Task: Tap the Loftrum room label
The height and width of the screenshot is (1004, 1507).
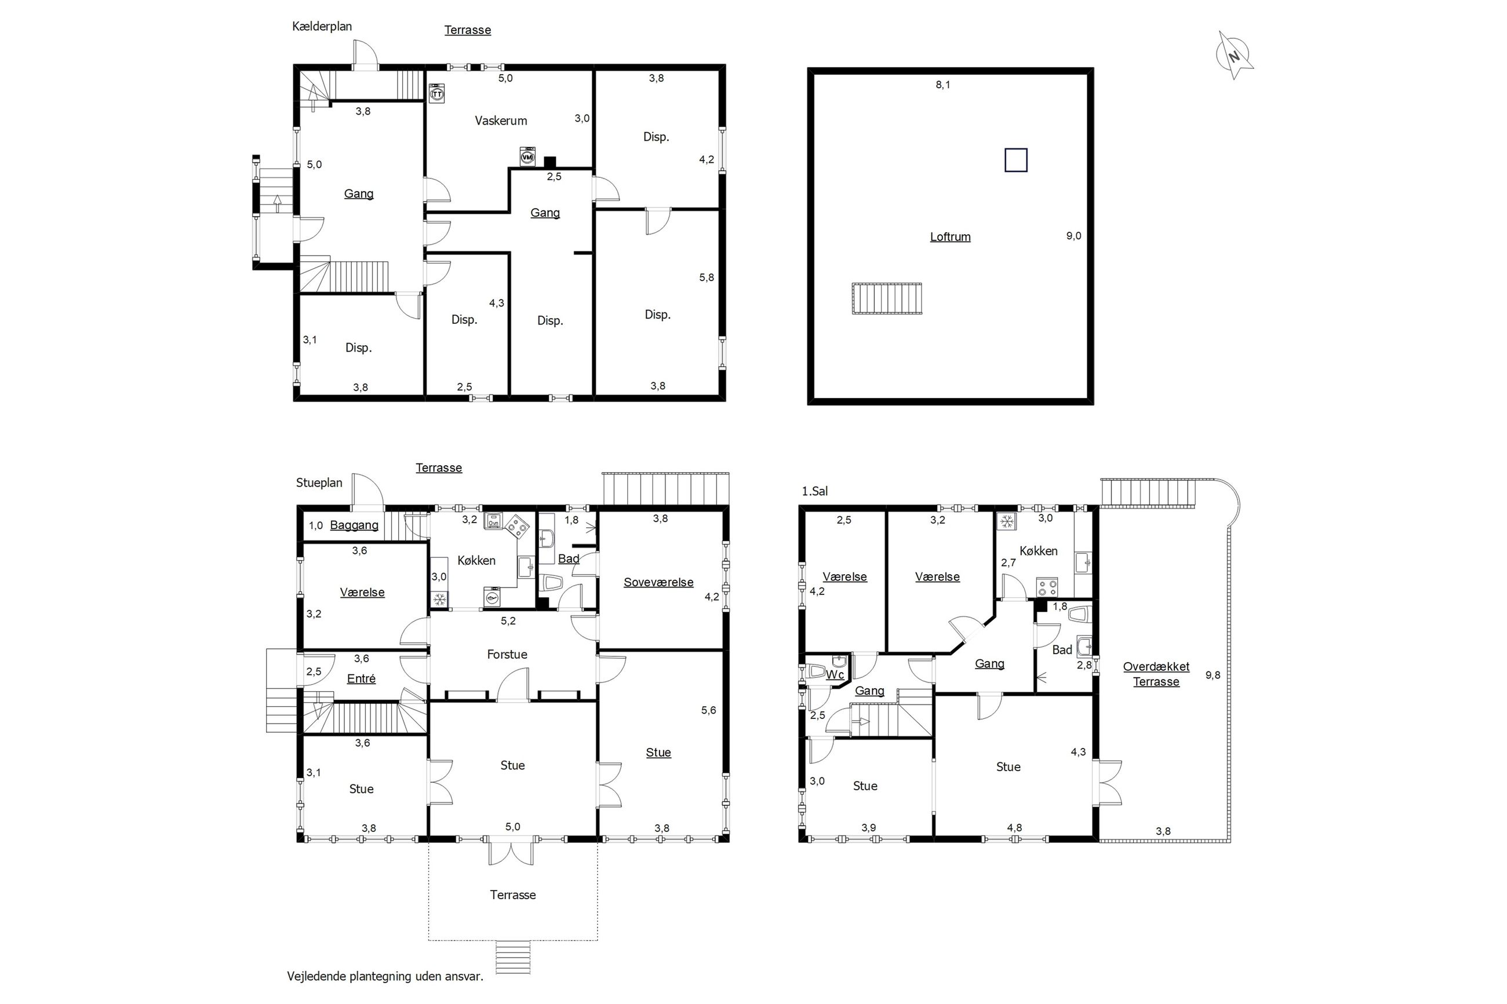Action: pyautogui.click(x=950, y=237)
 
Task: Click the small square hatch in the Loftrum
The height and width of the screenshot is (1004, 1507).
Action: pyautogui.click(x=1015, y=160)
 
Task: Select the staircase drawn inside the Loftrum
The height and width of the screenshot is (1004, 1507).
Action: pyautogui.click(x=886, y=298)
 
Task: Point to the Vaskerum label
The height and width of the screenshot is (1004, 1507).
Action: pyautogui.click(x=501, y=121)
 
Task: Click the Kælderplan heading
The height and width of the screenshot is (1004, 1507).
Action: pyautogui.click(x=322, y=26)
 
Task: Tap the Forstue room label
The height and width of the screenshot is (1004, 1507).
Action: pyautogui.click(x=507, y=655)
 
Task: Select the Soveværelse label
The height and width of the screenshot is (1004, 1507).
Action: pyautogui.click(x=658, y=583)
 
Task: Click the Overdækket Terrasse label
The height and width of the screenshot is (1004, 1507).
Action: pyautogui.click(x=1156, y=674)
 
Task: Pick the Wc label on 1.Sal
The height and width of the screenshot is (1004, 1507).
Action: pyautogui.click(x=835, y=675)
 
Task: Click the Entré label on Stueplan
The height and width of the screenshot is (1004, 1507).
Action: pyautogui.click(x=361, y=679)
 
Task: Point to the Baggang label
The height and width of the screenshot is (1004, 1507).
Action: pyautogui.click(x=354, y=525)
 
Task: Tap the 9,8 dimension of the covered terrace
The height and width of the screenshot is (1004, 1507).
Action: pyautogui.click(x=1213, y=675)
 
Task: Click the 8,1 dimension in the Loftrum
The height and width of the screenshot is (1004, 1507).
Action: pyautogui.click(x=943, y=85)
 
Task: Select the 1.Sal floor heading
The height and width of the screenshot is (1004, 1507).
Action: pyautogui.click(x=815, y=491)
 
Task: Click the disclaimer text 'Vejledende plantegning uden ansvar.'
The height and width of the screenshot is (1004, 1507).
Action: pyautogui.click(x=385, y=976)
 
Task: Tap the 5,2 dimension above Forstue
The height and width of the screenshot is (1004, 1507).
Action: pyautogui.click(x=508, y=620)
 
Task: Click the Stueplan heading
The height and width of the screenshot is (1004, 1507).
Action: pyautogui.click(x=319, y=483)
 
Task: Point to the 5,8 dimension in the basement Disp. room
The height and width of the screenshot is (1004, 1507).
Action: pyautogui.click(x=707, y=278)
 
